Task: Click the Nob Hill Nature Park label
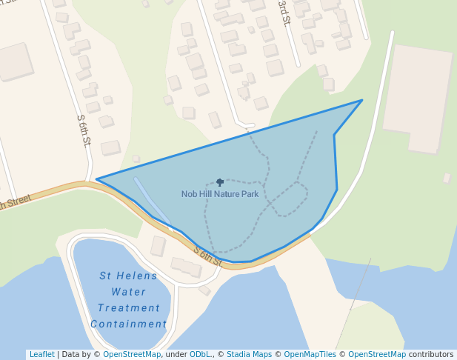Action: [x=220, y=194]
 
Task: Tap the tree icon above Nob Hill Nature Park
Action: [x=220, y=182]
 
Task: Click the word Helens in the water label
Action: [x=140, y=276]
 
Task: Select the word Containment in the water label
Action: [x=129, y=324]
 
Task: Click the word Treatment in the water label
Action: [x=129, y=308]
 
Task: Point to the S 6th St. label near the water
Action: [x=208, y=256]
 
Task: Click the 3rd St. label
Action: [x=284, y=13]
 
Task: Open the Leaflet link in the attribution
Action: [x=41, y=354]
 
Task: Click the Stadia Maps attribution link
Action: [x=249, y=354]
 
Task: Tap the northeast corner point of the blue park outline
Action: [x=362, y=100]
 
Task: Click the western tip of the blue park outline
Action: [x=97, y=179]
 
